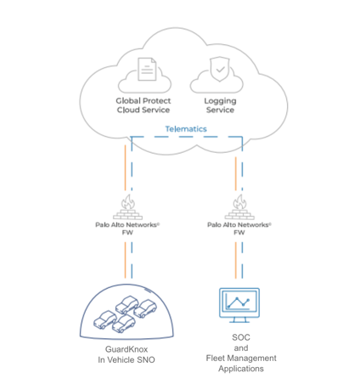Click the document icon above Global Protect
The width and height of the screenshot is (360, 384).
click(x=147, y=69)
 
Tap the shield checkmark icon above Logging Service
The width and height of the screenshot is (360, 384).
click(x=219, y=69)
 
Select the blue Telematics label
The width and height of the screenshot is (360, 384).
click(x=186, y=129)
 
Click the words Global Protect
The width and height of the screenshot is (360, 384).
click(x=143, y=101)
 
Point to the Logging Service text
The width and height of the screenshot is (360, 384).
click(x=220, y=105)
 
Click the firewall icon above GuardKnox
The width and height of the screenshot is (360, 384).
click(x=127, y=207)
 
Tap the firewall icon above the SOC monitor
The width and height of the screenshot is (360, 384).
click(x=239, y=207)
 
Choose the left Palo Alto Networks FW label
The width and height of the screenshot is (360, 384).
click(x=127, y=229)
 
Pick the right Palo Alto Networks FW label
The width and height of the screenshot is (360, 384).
click(x=239, y=229)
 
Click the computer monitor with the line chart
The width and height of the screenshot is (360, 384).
click(x=239, y=305)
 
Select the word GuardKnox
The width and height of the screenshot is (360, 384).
click(x=127, y=349)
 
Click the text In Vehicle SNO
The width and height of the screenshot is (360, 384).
click(x=127, y=360)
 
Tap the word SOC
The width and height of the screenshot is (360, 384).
click(x=241, y=337)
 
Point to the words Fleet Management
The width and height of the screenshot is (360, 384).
click(x=241, y=359)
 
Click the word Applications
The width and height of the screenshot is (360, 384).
click(x=241, y=369)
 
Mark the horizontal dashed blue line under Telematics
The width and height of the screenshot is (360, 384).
click(x=187, y=137)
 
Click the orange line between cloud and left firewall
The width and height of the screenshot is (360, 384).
click(x=125, y=167)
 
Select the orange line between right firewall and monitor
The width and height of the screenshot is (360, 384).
click(x=236, y=260)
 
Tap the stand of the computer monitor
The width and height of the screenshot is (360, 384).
click(x=239, y=319)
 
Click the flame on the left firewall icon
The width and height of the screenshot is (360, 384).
click(x=128, y=201)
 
